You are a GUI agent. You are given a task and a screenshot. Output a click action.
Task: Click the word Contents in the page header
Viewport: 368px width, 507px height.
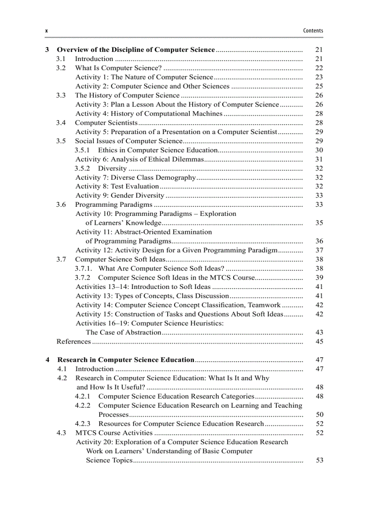click(313, 31)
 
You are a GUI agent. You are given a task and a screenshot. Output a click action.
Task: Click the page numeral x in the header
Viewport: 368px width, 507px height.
click(46, 31)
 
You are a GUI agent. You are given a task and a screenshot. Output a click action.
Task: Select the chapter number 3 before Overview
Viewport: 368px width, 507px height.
click(47, 50)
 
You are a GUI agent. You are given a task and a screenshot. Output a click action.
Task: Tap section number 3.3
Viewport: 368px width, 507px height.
click(61, 95)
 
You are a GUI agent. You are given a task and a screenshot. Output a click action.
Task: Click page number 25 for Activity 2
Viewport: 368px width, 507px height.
click(319, 86)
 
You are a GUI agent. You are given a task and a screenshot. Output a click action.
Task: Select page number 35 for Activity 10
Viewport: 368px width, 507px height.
click(319, 223)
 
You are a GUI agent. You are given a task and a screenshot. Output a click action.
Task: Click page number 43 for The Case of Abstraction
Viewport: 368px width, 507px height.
click(319, 332)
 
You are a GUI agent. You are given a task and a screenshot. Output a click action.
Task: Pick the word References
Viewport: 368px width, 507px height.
click(74, 342)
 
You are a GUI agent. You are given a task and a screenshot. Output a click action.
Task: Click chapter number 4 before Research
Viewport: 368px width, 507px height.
click(47, 360)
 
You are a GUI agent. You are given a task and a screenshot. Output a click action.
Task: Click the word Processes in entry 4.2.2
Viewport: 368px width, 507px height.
click(114, 414)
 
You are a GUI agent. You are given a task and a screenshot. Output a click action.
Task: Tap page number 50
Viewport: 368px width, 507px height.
click(319, 414)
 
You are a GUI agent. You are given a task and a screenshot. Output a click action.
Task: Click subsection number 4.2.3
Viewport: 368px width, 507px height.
click(83, 423)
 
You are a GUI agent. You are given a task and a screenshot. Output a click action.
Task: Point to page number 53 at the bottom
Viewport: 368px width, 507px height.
click(319, 460)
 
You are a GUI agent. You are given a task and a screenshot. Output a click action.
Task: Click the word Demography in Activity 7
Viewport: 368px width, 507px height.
click(175, 177)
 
